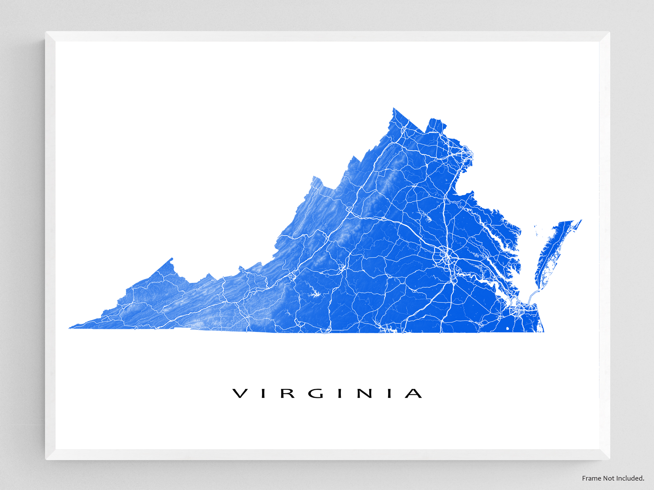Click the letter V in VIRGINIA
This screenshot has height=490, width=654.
pyautogui.click(x=240, y=393)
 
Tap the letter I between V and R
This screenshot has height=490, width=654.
pyautogui.click(x=263, y=393)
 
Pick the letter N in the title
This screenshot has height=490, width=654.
pyautogui.click(x=365, y=393)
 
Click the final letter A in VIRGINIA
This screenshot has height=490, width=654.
pyautogui.click(x=413, y=393)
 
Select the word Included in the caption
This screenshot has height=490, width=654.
pyautogui.click(x=630, y=478)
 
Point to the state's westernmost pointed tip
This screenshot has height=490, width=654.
pyautogui.click(x=69, y=328)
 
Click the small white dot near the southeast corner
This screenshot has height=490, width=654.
pyautogui.click(x=508, y=329)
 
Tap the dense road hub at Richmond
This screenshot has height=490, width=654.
pyautogui.click(x=447, y=257)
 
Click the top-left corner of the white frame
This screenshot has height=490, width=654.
pyautogui.click(x=46, y=32)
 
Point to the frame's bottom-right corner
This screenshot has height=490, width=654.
pyautogui.click(x=609, y=459)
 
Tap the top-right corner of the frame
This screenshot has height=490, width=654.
pyautogui.click(x=609, y=32)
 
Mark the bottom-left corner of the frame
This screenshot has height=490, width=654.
pyautogui.click(x=46, y=459)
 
